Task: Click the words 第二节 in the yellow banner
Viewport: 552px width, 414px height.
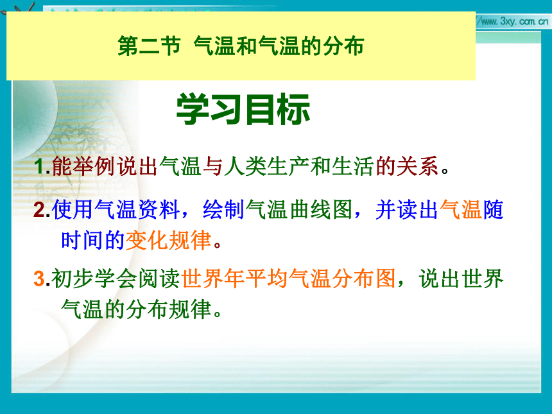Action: tap(149, 46)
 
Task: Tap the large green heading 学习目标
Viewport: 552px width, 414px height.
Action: tap(243, 110)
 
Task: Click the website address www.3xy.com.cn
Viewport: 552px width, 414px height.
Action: tap(514, 21)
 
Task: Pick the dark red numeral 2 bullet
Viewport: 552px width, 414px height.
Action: tap(39, 209)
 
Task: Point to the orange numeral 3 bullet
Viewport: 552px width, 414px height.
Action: tap(39, 278)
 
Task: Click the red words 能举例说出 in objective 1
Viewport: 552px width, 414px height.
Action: tap(105, 166)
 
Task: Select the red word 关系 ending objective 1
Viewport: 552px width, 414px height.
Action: tap(417, 166)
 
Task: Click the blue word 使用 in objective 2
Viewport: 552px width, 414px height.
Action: tap(73, 209)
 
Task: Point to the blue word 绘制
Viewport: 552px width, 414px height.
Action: tap(224, 209)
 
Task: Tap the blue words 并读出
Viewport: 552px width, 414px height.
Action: tap(407, 209)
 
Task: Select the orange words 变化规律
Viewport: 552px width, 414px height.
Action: tap(168, 241)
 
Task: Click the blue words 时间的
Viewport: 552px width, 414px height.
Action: tap(93, 241)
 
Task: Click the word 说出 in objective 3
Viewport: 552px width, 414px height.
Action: tap(439, 278)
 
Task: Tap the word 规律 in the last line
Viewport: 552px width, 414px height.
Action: tap(190, 309)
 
